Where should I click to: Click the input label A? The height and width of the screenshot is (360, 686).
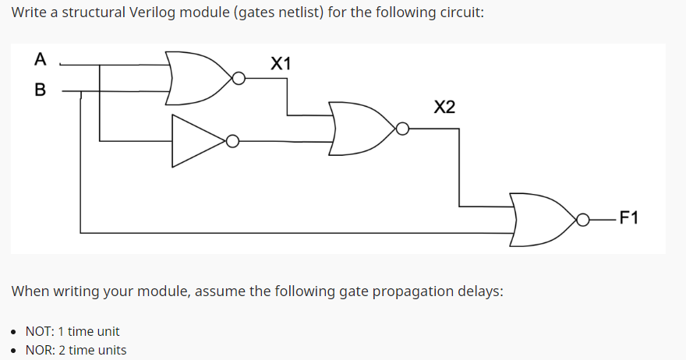pos(40,59)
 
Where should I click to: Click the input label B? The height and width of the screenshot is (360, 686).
pos(40,90)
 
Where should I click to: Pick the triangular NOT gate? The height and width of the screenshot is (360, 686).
pos(197,141)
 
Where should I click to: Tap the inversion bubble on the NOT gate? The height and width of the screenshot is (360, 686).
pos(232,141)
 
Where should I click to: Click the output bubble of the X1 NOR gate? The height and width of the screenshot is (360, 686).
pos(239,79)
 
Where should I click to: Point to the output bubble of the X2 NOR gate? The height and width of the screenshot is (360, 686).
pos(402,129)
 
